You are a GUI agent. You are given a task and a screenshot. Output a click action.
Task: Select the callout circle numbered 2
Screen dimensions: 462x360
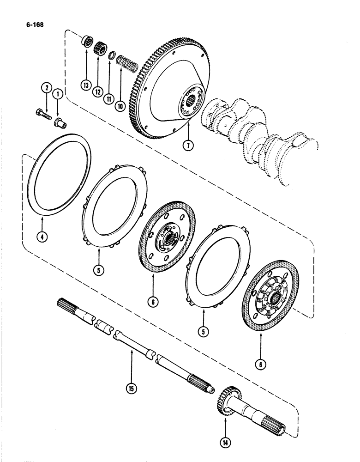[x=45, y=87]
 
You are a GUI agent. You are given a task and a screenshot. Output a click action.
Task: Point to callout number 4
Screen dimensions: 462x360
[x=42, y=239]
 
